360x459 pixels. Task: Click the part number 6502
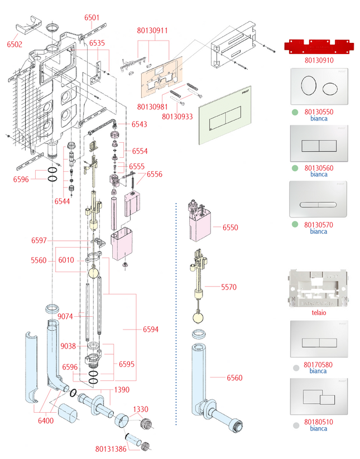[x=15, y=44]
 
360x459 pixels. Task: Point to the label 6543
[x=139, y=124]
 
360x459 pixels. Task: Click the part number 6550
[x=229, y=228]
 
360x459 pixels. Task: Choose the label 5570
[x=228, y=287]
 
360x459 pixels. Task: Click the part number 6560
[x=234, y=378]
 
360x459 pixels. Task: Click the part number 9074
[x=66, y=317]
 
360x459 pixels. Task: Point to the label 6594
[x=150, y=329]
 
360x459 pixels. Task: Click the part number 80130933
[x=177, y=117]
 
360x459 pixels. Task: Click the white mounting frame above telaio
[x=318, y=288]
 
